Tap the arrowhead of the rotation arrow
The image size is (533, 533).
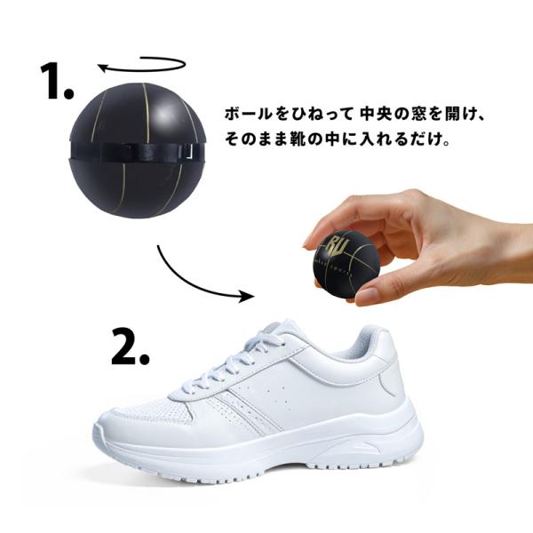point(103,68)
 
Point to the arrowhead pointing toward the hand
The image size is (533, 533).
point(246,296)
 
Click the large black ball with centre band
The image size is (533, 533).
point(138,150)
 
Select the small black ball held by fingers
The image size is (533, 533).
point(346,265)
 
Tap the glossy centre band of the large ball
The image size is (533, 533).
point(138,151)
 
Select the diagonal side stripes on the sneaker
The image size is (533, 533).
point(246,408)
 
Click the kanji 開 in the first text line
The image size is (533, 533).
point(450,115)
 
